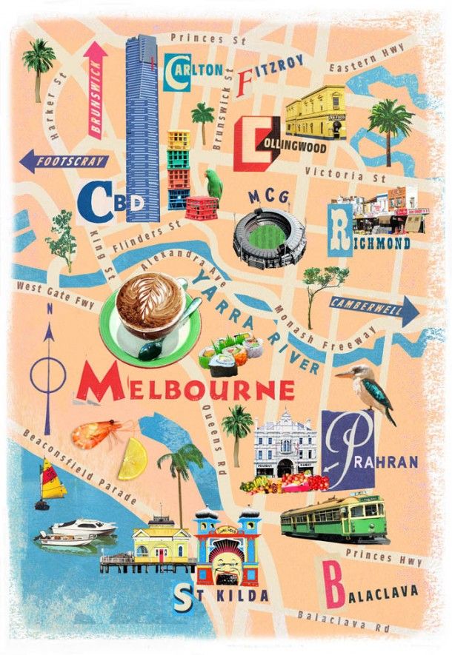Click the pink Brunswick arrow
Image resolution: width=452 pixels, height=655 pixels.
pyautogui.click(x=96, y=89)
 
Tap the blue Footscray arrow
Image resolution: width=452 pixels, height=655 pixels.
pyautogui.click(x=64, y=161)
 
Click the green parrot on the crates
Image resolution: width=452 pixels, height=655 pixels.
pyautogui.click(x=214, y=182)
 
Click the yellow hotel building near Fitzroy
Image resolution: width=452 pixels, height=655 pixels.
pyautogui.click(x=315, y=112)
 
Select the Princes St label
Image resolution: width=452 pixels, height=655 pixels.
pyautogui.click(x=197, y=37)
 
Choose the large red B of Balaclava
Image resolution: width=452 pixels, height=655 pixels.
pyautogui.click(x=335, y=588)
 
